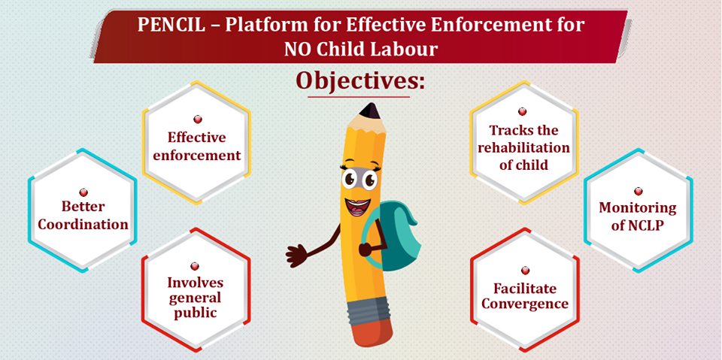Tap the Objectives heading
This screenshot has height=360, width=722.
(x=359, y=80)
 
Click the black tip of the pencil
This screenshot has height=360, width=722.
(x=369, y=110)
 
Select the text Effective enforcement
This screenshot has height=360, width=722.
(x=196, y=147)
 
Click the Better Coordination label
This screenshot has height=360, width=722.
(x=83, y=216)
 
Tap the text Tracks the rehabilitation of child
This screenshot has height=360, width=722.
(x=523, y=148)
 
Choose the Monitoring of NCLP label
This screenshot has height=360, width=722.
(x=638, y=216)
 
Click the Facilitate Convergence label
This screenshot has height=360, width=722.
(x=525, y=296)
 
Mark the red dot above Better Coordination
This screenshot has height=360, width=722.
(x=83, y=192)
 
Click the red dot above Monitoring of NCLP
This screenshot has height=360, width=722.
(x=639, y=191)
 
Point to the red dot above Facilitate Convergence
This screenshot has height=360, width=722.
(x=525, y=271)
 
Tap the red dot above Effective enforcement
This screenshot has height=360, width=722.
(x=198, y=119)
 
